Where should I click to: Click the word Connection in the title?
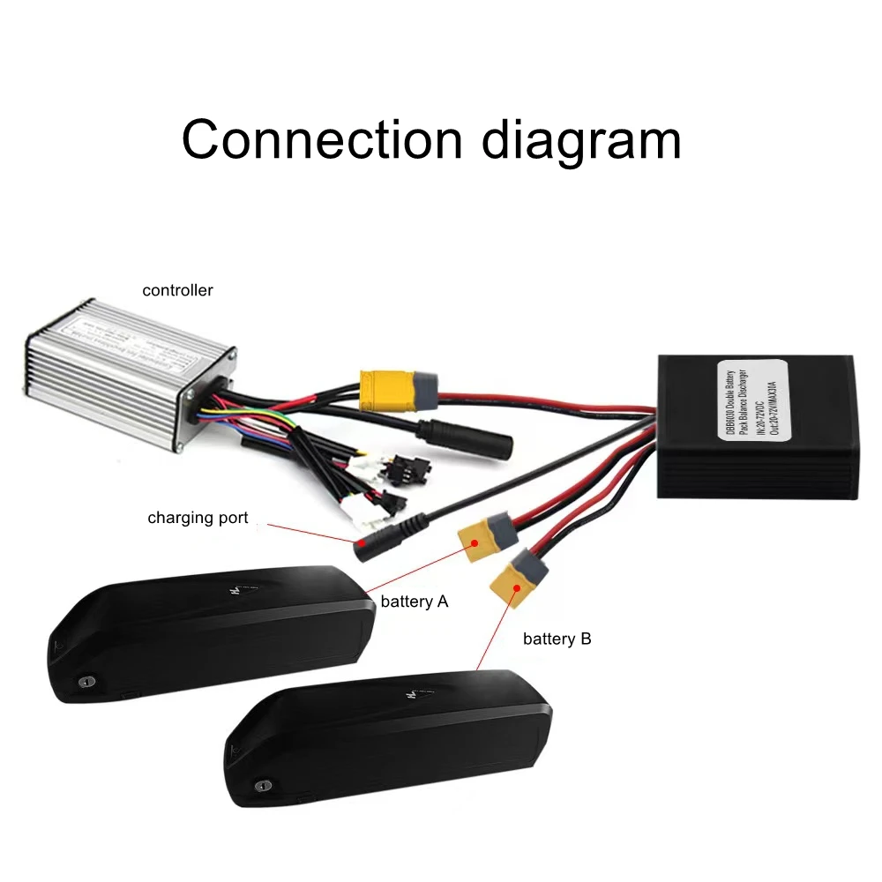tap(322, 138)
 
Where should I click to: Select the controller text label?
tap(177, 290)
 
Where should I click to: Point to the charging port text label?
tap(198, 518)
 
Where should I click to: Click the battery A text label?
tap(415, 602)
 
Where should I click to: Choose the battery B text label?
tap(557, 639)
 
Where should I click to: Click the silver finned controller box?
tap(115, 370)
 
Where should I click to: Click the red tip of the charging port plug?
tap(362, 547)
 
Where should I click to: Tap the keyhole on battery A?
tap(86, 682)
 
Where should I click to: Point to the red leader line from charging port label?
tap(309, 533)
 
